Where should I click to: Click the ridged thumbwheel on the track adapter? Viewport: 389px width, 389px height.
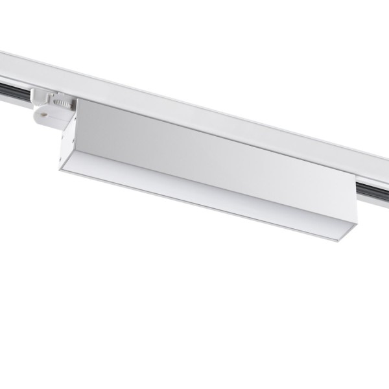62,102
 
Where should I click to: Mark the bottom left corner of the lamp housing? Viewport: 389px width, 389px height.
60,170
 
